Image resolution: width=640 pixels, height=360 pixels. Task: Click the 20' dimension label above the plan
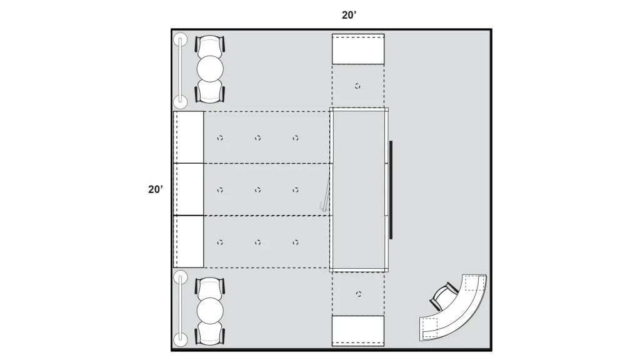pos(349,15)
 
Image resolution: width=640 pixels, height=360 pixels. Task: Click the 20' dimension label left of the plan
pos(156,189)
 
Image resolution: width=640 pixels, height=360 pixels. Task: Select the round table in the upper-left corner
pos(210,69)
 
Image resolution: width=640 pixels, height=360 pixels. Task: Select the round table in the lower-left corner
pos(210,311)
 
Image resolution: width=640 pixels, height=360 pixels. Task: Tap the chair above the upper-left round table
pos(210,46)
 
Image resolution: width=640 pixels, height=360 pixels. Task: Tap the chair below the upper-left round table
pos(210,91)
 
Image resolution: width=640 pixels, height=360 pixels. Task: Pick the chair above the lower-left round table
pos(210,287)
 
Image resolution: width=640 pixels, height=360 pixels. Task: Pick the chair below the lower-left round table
pos(210,333)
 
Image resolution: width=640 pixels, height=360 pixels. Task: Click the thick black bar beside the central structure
pos(391,190)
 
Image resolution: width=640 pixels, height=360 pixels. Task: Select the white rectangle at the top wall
pos(358,49)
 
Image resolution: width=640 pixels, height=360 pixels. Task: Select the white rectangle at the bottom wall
pos(358,331)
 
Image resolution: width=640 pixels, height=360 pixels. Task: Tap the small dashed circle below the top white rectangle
pos(357,86)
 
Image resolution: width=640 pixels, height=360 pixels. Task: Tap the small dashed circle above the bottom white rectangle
pos(358,294)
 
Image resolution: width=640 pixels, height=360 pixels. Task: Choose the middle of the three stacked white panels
pos(189,189)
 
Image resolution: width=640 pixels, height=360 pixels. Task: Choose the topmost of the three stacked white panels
pos(189,137)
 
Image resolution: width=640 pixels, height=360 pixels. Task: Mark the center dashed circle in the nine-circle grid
pos(257,190)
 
